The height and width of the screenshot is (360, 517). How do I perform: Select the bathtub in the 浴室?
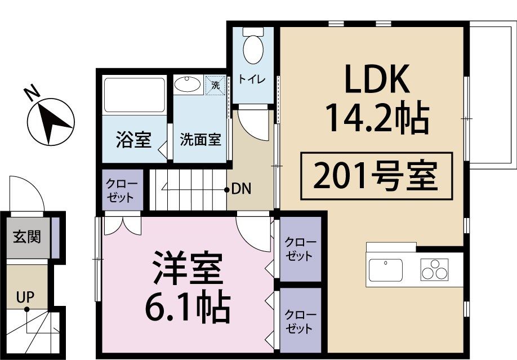tap(134, 95)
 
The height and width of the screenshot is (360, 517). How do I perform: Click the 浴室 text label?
tap(133, 139)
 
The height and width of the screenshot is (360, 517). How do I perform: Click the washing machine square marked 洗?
tap(215, 86)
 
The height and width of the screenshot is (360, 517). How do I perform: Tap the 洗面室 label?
tap(200, 140)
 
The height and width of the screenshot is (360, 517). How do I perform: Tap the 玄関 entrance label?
tap(26, 237)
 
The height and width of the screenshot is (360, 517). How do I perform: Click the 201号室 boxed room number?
tap(376, 176)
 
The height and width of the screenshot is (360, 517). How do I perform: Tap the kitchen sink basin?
tap(386, 268)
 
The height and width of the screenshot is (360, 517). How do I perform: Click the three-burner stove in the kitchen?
tap(435, 269)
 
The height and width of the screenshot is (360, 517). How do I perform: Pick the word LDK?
tap(377, 82)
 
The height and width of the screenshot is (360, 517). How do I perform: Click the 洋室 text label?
tap(188, 269)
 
